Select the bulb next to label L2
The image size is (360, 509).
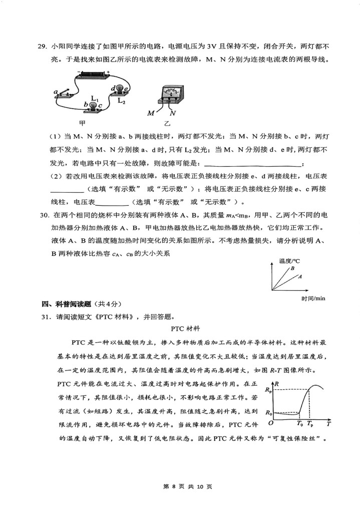click(120, 89)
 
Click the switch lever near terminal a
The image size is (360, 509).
click(64, 93)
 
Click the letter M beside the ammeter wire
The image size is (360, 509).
click(151, 114)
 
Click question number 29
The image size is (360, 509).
click(43, 47)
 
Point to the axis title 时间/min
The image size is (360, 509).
click(313, 298)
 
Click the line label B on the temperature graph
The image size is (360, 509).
click(292, 269)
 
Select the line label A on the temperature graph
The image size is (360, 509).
click(300, 276)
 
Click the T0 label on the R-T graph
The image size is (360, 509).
click(299, 423)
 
